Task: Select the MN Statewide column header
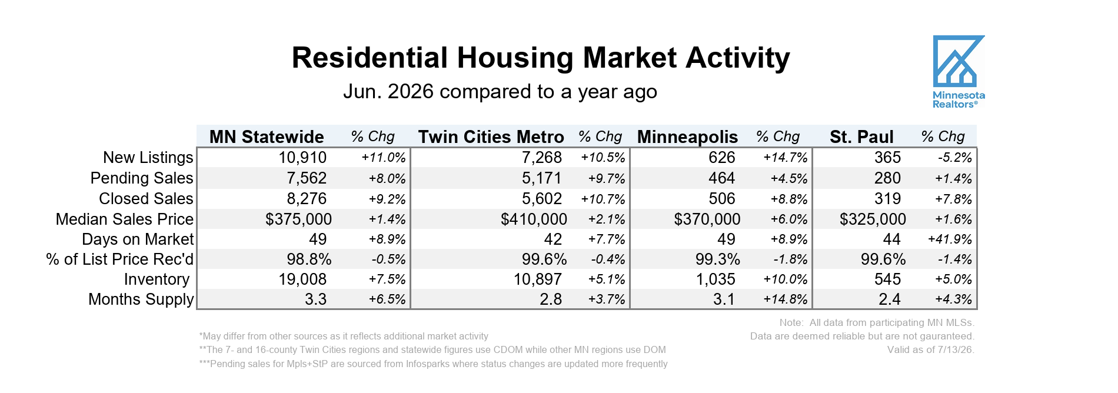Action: (x=267, y=137)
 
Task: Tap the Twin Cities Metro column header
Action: (x=491, y=137)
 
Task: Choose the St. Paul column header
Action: (x=861, y=137)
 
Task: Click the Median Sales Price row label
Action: (x=125, y=219)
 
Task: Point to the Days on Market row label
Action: (x=138, y=239)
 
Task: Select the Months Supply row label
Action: (x=141, y=299)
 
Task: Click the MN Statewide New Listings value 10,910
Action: (x=302, y=158)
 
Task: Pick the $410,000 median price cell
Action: (x=534, y=219)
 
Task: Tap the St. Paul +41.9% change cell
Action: (x=950, y=239)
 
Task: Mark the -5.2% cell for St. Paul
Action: (x=954, y=158)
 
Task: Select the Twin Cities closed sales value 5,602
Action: (x=542, y=199)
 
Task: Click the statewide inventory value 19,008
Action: (x=302, y=279)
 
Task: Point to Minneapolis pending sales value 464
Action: (x=722, y=178)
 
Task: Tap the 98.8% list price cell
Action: (x=309, y=259)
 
